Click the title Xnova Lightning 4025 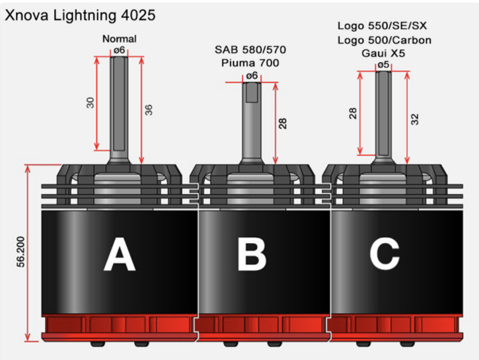tap(80, 14)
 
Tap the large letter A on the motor tap(119, 256)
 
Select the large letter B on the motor tap(251, 256)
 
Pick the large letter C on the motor tap(384, 256)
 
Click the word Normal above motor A tap(119, 39)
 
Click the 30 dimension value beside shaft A tap(90, 102)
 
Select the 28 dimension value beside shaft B tap(283, 123)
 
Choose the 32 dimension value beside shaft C tap(414, 119)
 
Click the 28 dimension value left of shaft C tap(353, 113)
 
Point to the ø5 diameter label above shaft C tap(383, 64)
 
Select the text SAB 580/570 tap(251, 49)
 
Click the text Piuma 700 tap(251, 62)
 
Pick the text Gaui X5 tap(383, 53)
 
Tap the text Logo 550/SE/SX tap(383, 26)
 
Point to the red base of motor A tap(119, 326)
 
